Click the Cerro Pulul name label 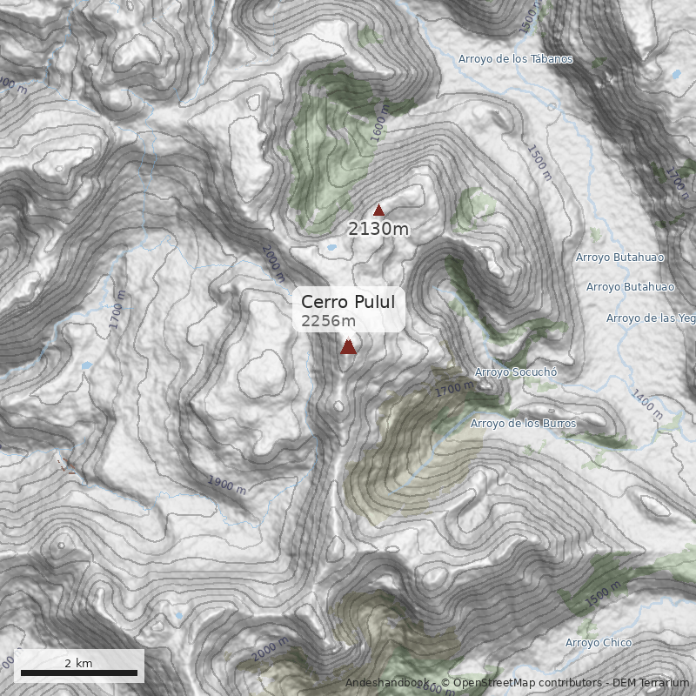[x=348, y=302]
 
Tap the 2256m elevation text [x=328, y=322]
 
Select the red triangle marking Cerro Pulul [x=348, y=347]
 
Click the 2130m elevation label [x=378, y=229]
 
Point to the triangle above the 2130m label [x=378, y=210]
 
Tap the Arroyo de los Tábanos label [x=516, y=59]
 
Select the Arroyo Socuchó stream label [x=515, y=372]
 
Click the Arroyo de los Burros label [x=523, y=424]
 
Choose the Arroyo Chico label [x=599, y=643]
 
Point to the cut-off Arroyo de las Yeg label [x=651, y=318]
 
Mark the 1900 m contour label [x=226, y=484]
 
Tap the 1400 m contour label [x=647, y=404]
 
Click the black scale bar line [x=79, y=673]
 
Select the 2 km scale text [x=78, y=663]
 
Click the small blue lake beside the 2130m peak [x=331, y=247]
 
